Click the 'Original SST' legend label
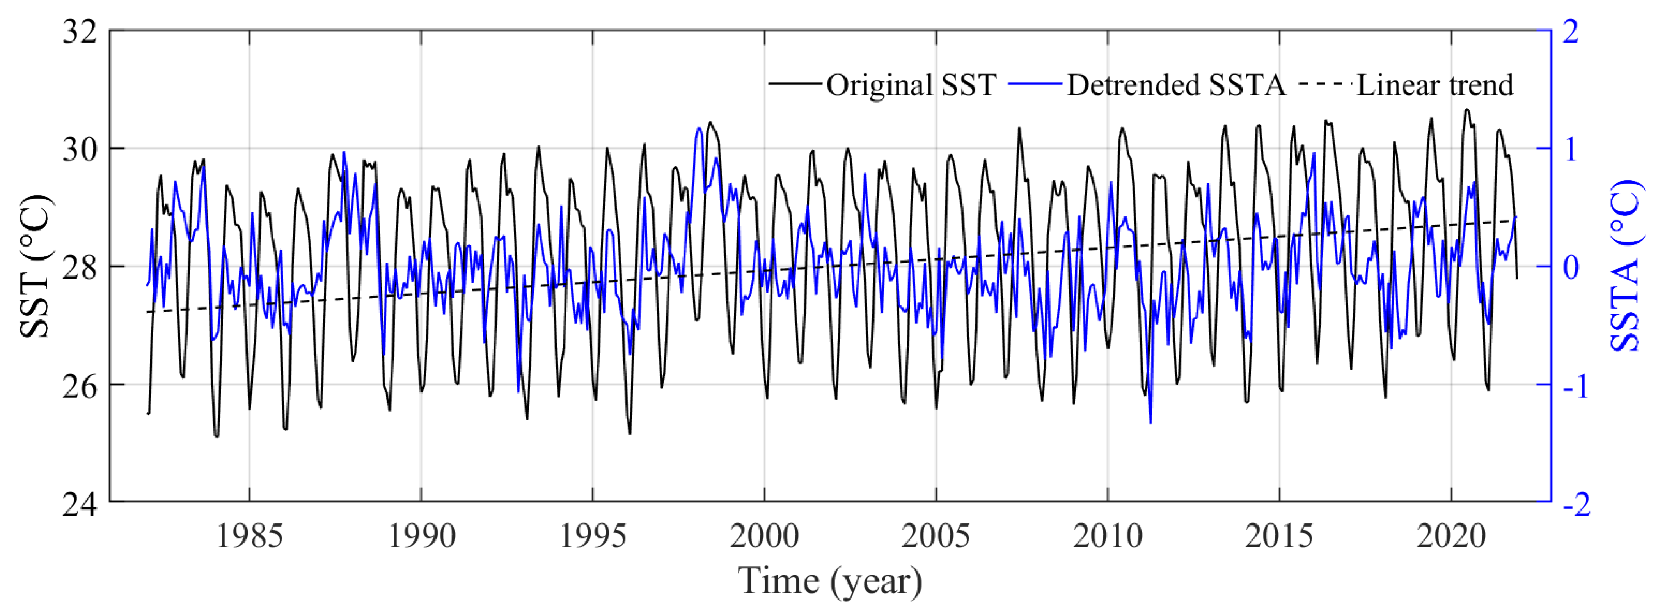point(911,85)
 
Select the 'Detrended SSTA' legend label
point(1176,85)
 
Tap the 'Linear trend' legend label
point(1435,85)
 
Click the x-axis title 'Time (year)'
point(830,581)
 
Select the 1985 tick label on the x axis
point(249,536)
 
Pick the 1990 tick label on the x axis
point(421,536)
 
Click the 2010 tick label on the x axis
point(1108,536)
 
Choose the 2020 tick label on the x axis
point(1451,536)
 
